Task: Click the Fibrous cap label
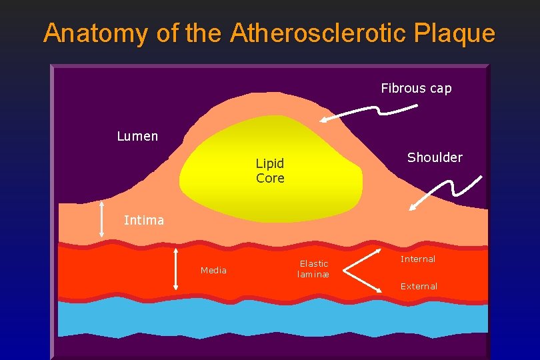pos(416,88)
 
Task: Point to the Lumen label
pos(137,137)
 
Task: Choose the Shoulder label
pos(435,157)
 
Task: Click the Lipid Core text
pos(270,171)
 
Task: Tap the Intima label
pos(144,220)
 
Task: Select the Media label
pos(213,270)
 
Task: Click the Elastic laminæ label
pos(313,269)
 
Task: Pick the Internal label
pos(418,259)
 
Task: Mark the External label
pos(419,286)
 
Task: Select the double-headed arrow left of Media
pos(176,269)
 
